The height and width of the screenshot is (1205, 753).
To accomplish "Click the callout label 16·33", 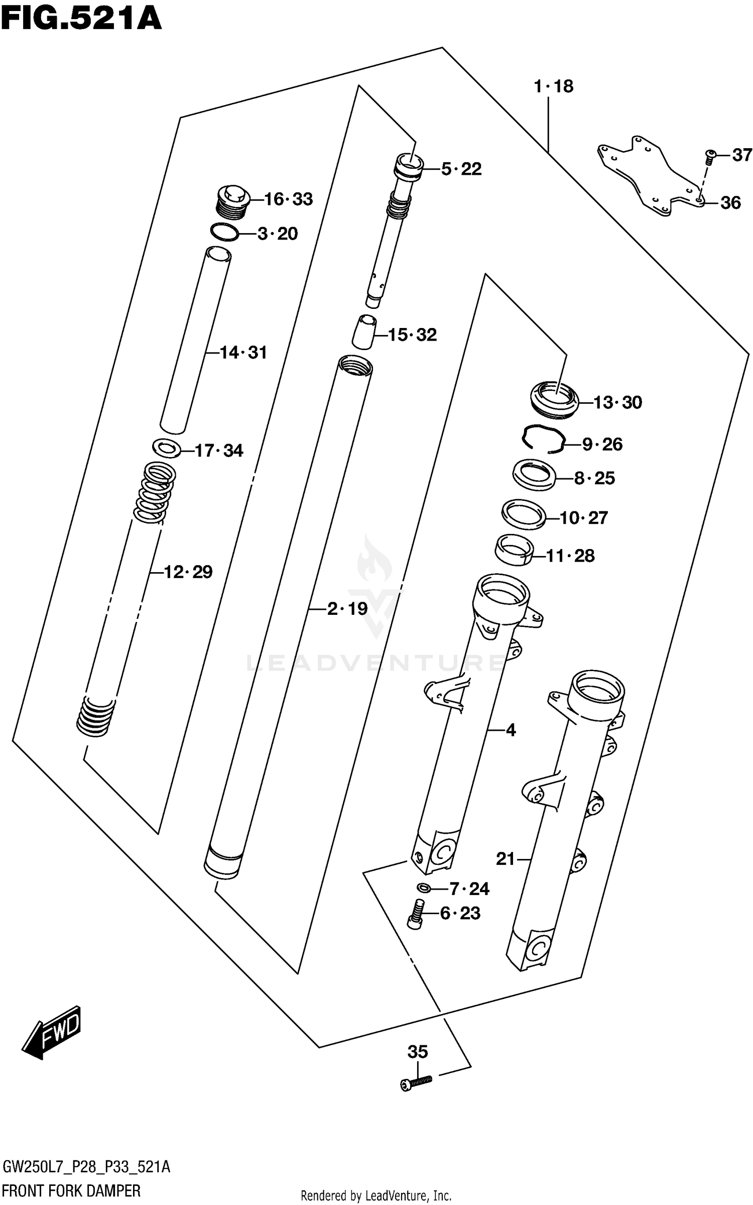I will [288, 199].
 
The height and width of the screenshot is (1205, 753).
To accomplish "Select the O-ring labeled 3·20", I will [224, 233].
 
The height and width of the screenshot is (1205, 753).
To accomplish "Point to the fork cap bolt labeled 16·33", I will [233, 202].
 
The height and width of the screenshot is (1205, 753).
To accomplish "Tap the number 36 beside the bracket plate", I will [730, 203].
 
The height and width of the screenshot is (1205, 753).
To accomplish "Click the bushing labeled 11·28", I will [513, 550].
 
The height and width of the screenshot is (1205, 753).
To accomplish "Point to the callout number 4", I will [511, 730].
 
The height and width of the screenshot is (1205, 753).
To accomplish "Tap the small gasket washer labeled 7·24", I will [423, 888].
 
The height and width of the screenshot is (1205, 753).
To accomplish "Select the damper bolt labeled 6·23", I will [415, 913].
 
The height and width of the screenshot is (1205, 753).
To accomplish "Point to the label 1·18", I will [553, 86].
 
